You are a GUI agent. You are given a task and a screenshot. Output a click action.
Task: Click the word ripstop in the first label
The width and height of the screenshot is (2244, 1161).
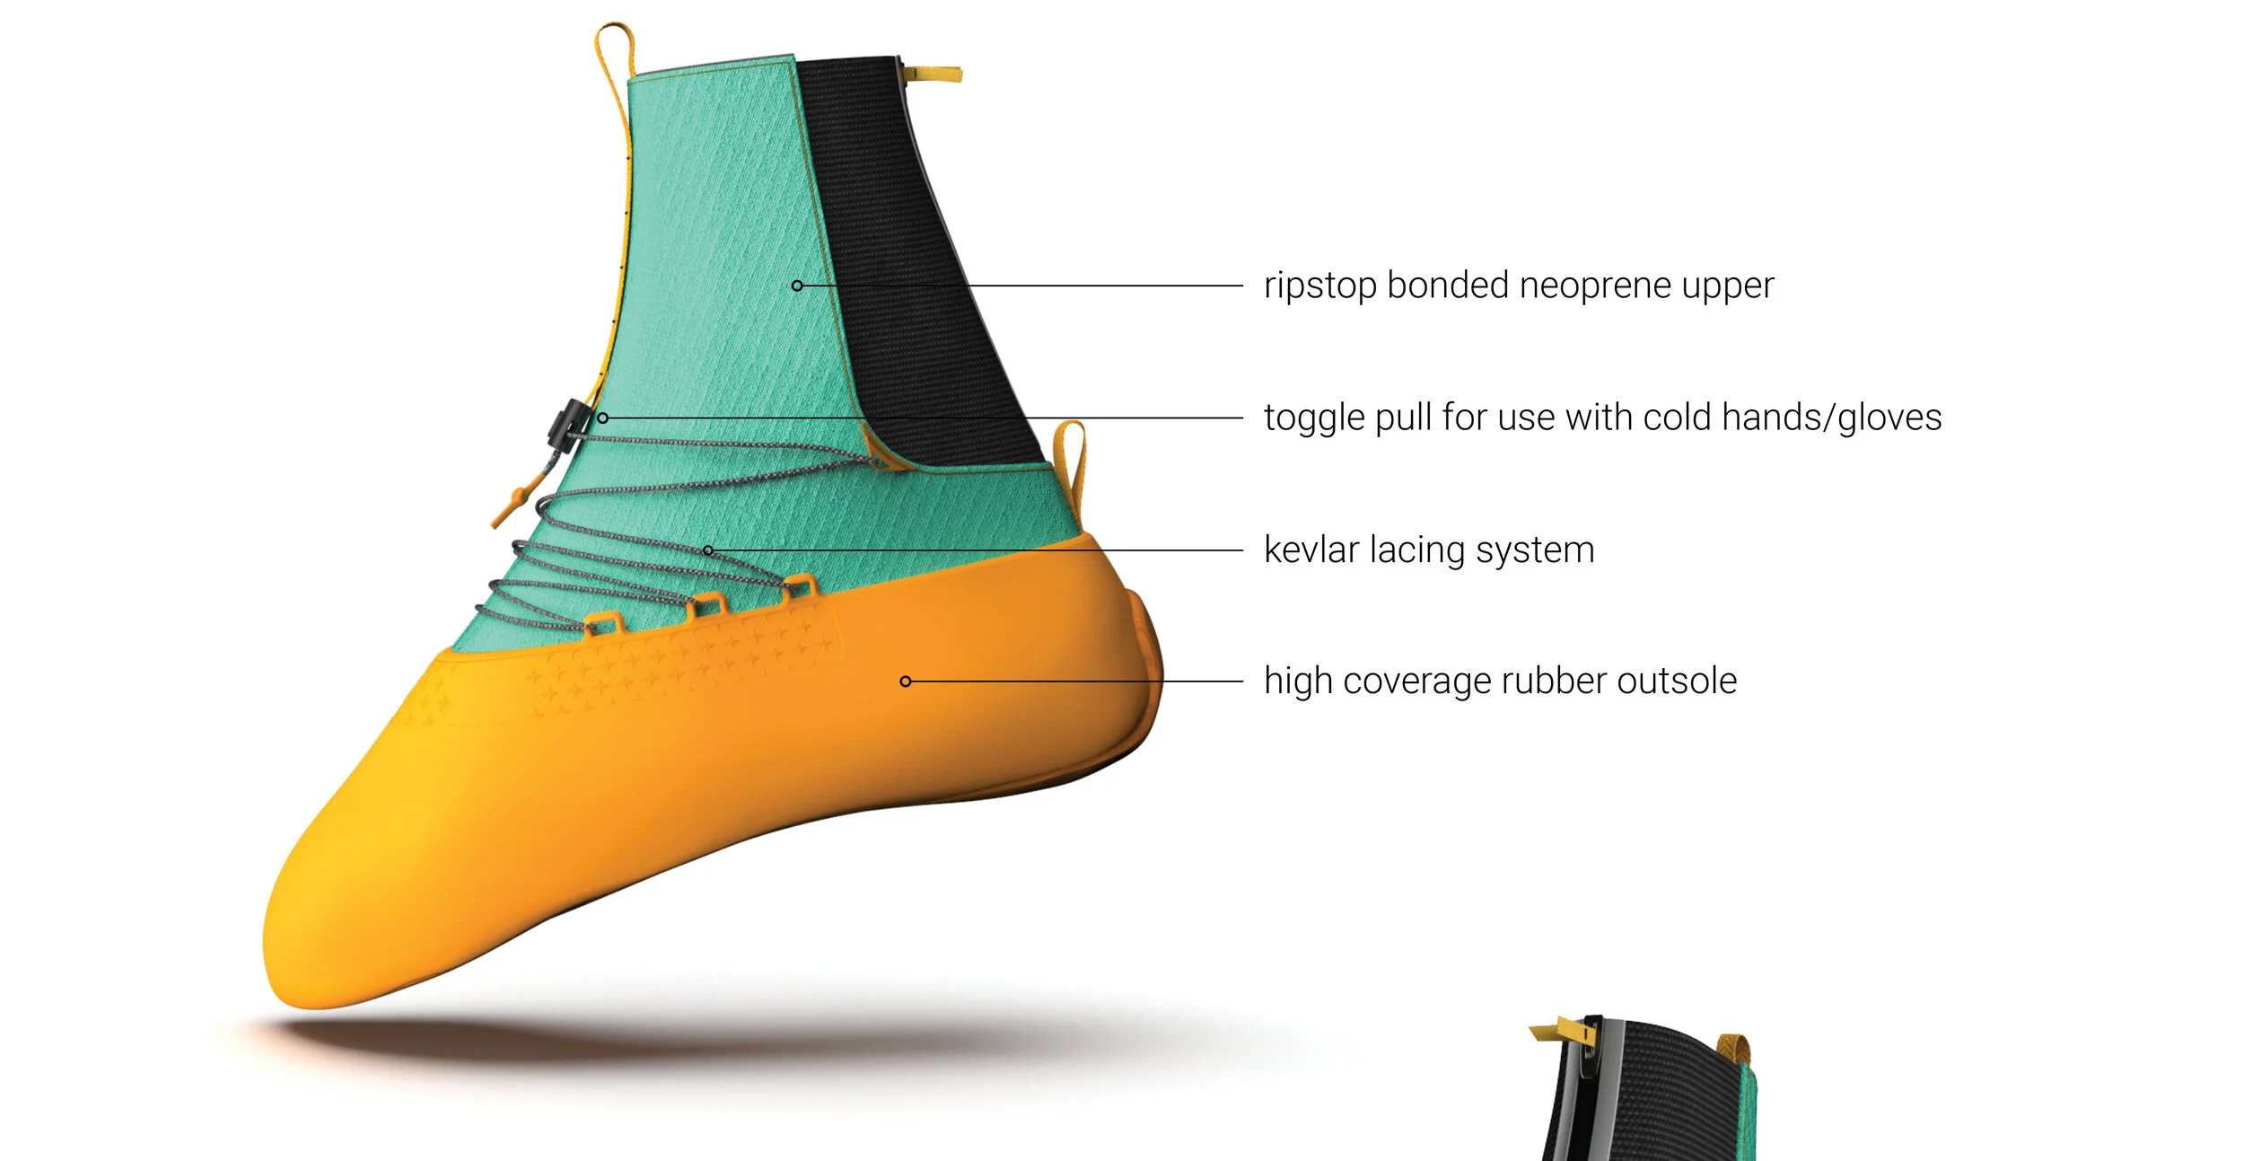coord(1320,286)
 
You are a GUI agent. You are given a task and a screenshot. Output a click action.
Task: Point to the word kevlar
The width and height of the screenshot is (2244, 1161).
coord(1311,550)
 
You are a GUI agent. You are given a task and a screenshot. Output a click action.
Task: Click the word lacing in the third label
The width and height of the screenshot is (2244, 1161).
coord(1417,550)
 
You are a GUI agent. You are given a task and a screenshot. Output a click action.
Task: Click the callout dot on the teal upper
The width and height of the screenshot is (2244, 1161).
coord(797,286)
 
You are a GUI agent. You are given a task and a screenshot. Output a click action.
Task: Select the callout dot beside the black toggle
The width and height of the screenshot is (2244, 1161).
coord(603,418)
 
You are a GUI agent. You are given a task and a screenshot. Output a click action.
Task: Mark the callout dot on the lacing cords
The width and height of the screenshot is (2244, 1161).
coord(708,550)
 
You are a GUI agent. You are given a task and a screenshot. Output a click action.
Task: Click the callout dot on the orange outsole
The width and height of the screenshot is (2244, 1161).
coord(906,682)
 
